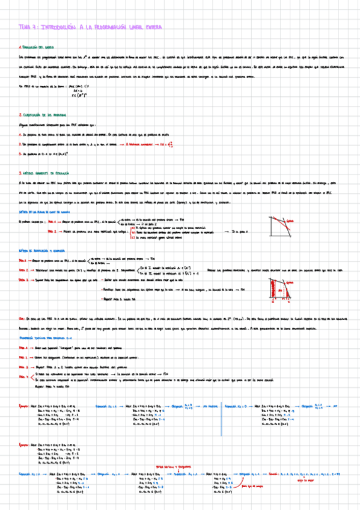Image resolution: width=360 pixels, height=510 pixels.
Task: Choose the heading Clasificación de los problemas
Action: [x=43, y=114]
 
